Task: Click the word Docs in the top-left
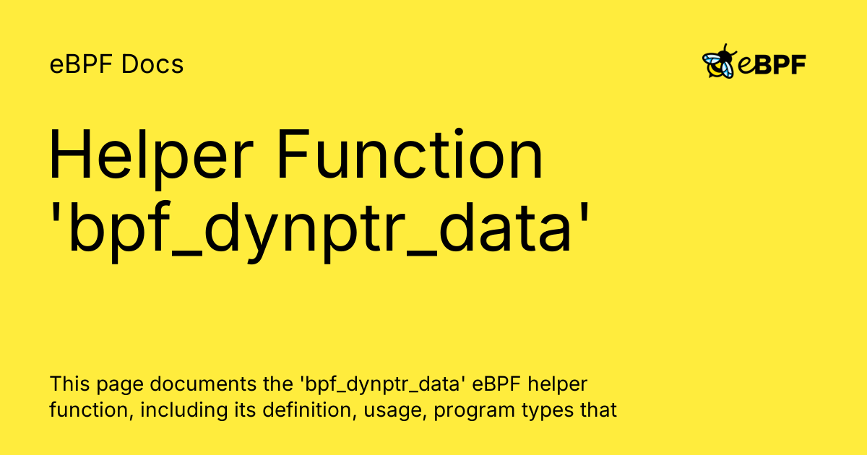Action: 152,64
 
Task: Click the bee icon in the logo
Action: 719,61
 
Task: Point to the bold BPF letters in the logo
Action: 780,64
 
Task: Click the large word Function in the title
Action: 410,155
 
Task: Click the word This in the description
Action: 69,383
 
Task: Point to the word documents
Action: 203,383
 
